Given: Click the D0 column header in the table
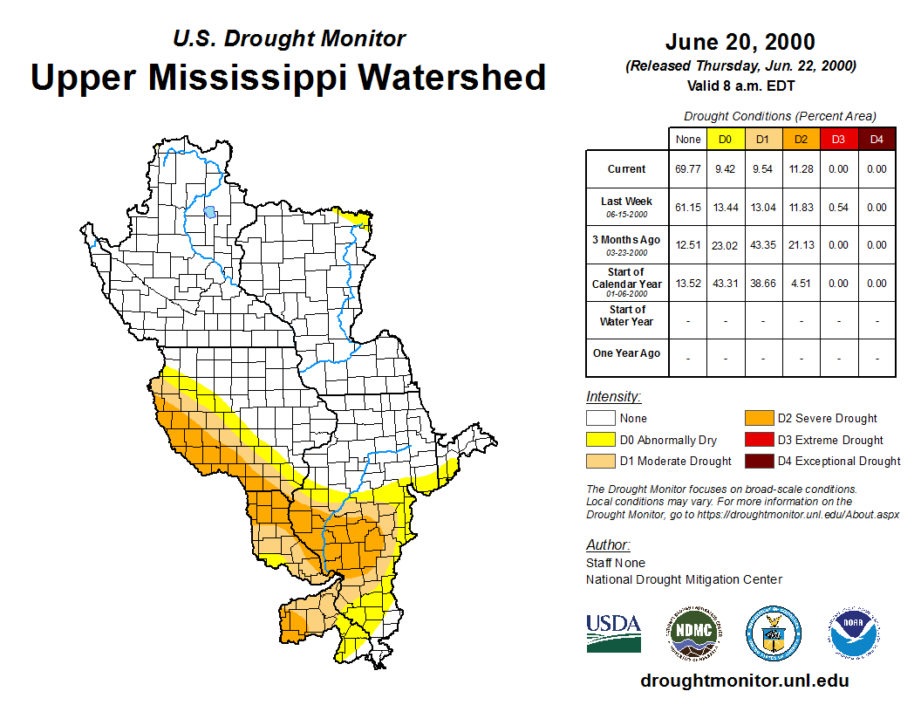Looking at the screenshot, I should tap(725, 140).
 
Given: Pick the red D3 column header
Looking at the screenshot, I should tap(838, 140).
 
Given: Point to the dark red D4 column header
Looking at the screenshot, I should tap(877, 140).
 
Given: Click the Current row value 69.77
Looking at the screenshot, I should tap(688, 169).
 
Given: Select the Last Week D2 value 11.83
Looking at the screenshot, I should tap(801, 208).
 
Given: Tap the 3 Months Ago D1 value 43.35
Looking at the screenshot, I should tap(762, 245).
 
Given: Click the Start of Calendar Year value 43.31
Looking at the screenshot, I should tap(725, 284).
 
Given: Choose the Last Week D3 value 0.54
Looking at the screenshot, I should tap(838, 208).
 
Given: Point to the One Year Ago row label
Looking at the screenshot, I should tap(626, 353).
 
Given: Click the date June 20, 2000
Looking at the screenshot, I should tap(740, 42).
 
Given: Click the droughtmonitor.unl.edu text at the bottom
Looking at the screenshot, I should tap(744, 681).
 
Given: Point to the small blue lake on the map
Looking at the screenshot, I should tap(209, 211).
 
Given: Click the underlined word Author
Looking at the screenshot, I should tap(606, 545).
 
